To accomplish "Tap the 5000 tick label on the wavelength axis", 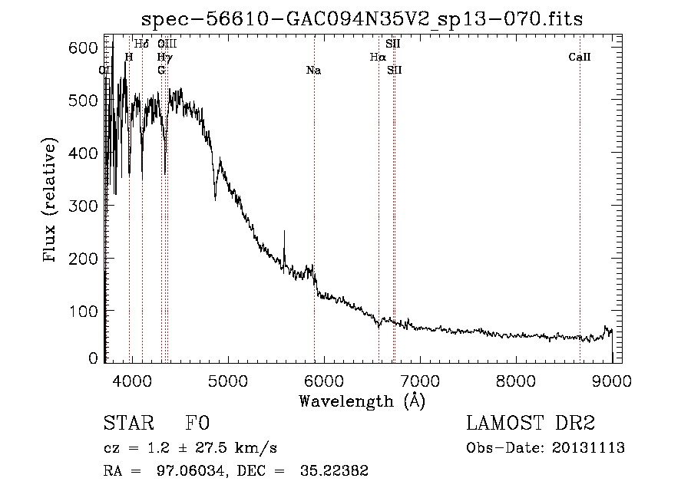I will point(227,379).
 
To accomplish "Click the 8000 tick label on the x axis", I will point(516,379).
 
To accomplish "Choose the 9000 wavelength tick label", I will point(611,379).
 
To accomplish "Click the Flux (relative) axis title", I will point(51,201).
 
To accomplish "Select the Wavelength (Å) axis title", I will point(362,400).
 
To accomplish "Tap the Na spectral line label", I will point(313,71).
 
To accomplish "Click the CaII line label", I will point(580,57).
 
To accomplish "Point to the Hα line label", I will point(378,57).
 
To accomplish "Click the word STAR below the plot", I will point(124,424).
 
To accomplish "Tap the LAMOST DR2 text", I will point(531,424).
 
